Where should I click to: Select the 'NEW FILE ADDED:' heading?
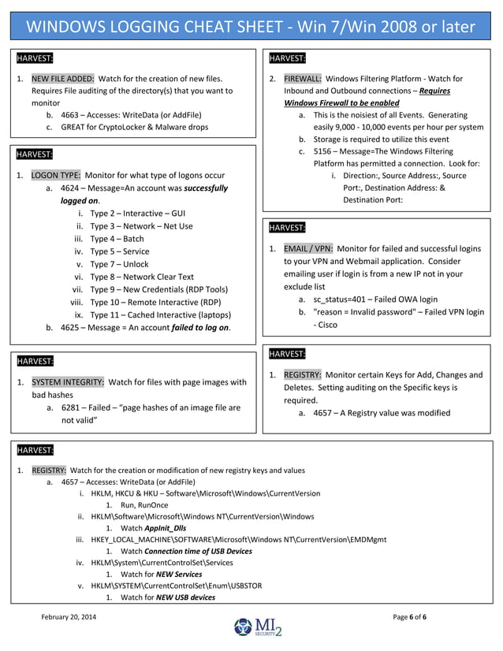[x=63, y=79]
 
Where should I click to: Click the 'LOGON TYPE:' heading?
[x=55, y=175]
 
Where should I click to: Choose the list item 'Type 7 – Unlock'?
[x=119, y=264]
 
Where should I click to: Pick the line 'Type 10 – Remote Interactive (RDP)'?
[x=155, y=302]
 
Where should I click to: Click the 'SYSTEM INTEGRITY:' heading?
[x=68, y=382]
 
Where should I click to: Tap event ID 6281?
[x=71, y=407]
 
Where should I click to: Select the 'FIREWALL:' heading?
[x=302, y=79]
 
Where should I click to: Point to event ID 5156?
[x=324, y=151]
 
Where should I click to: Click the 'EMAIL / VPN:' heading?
[x=307, y=248]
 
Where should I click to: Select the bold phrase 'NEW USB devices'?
[x=185, y=597]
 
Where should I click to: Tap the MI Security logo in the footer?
[x=258, y=628]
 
